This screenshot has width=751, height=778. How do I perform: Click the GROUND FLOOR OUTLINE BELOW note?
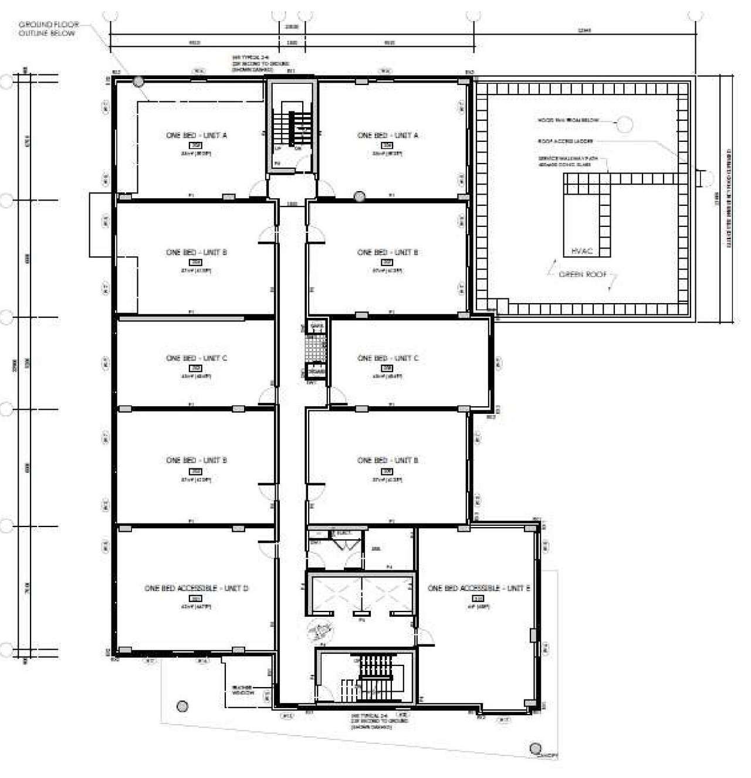click(x=48, y=29)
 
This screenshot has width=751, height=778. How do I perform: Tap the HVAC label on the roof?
click(x=581, y=251)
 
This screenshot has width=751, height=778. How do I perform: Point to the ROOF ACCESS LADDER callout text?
click(x=565, y=141)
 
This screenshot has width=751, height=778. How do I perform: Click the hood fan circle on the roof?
click(x=625, y=124)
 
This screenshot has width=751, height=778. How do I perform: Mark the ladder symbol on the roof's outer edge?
click(x=700, y=178)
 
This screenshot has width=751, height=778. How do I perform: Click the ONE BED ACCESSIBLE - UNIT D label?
click(x=197, y=587)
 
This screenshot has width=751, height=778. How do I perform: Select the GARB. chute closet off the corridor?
click(x=316, y=326)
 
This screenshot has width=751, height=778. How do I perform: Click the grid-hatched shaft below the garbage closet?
click(x=315, y=349)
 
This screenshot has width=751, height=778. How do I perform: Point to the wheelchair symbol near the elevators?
click(x=321, y=632)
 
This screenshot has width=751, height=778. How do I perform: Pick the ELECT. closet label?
click(x=343, y=533)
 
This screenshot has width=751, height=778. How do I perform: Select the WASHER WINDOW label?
click(x=243, y=689)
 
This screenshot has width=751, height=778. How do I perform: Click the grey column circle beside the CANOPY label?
click(x=535, y=748)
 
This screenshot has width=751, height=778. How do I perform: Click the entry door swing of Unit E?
click(x=426, y=637)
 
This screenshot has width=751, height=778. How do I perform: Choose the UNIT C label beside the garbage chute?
click(x=387, y=358)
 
